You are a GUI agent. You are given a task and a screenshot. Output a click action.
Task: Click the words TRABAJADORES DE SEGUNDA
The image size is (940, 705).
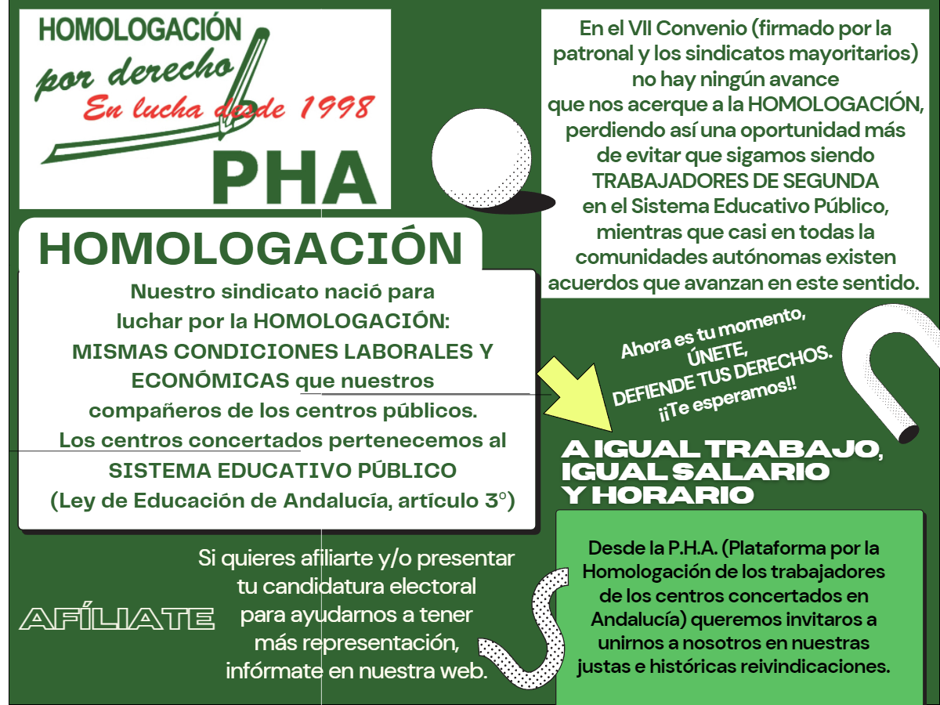(x=735, y=181)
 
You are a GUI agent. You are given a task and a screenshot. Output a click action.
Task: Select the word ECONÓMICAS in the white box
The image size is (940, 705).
(x=211, y=381)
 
